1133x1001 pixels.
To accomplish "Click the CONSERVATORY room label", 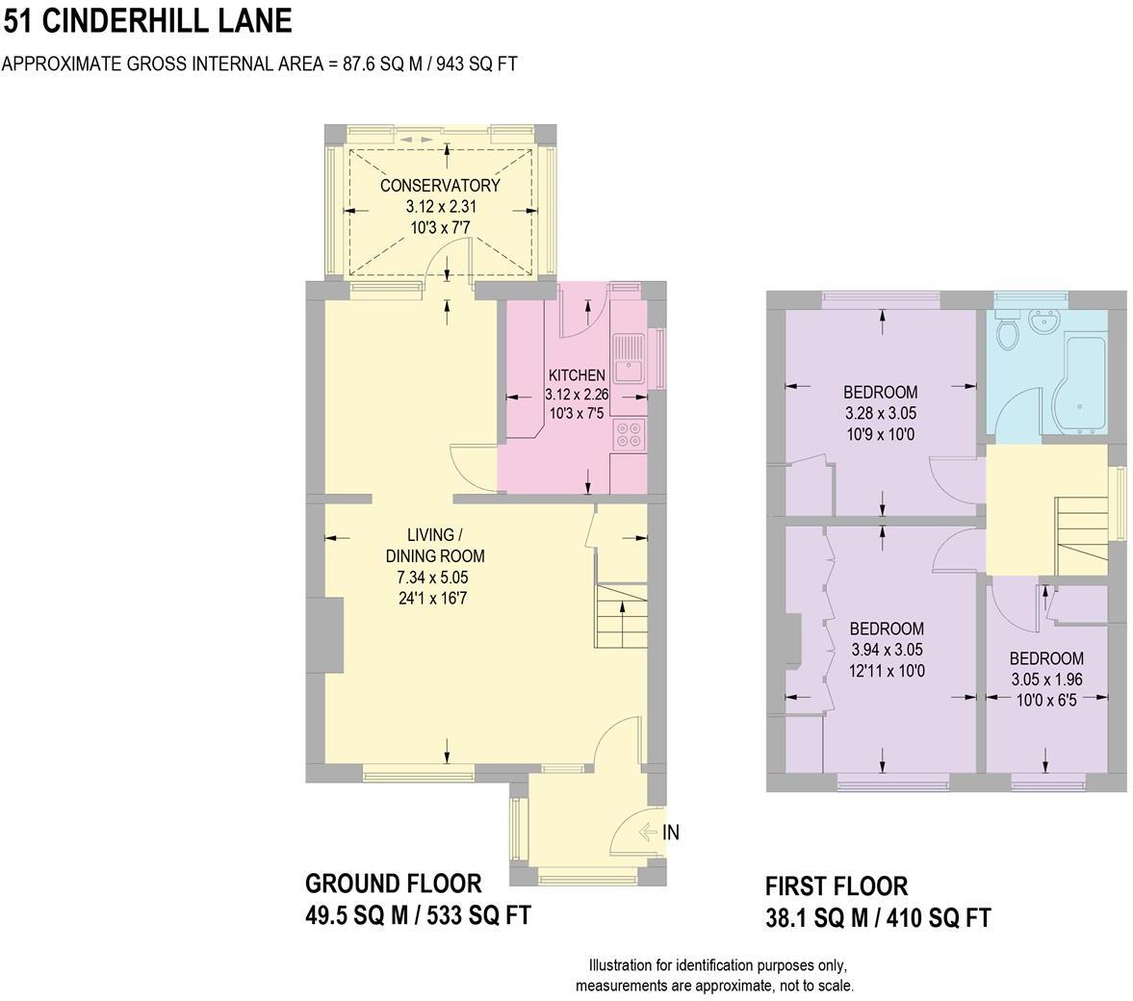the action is click(x=440, y=186).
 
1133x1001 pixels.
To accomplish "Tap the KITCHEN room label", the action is click(x=577, y=375).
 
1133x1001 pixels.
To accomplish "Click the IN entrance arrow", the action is click(x=648, y=833).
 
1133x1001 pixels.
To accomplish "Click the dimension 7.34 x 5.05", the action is click(x=432, y=577).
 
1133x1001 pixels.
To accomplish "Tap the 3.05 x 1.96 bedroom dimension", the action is click(x=1046, y=680).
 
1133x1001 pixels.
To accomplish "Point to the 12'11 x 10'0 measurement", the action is click(x=887, y=671).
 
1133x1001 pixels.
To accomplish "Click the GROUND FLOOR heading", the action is click(x=393, y=884).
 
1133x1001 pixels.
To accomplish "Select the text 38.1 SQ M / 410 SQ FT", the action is click(x=878, y=918).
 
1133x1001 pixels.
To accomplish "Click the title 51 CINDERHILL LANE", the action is click(x=147, y=20).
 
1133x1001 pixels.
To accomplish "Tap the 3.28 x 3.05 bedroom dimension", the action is click(x=881, y=414).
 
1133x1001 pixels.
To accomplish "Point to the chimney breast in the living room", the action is click(x=333, y=637).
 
